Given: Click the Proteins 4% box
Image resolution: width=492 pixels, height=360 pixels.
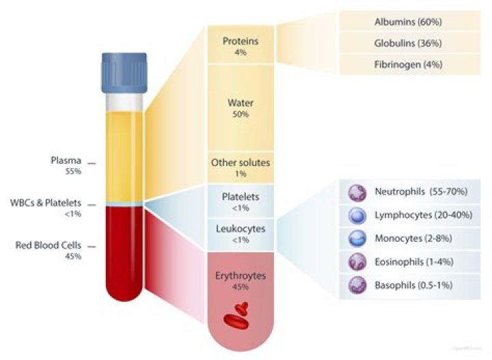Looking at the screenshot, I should pos(240,46).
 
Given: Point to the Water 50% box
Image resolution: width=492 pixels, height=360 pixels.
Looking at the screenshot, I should pos(240,108).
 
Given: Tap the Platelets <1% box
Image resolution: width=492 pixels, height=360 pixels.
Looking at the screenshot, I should pos(240,200).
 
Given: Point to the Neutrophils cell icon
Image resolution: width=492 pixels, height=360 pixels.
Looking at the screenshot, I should pos(357,193).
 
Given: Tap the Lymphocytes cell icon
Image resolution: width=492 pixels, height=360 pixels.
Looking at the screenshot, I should pos(357,216).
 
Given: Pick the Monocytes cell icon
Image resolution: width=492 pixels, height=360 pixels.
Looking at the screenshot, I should pos(357,239).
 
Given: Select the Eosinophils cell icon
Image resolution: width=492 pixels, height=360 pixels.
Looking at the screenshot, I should pos(357,262).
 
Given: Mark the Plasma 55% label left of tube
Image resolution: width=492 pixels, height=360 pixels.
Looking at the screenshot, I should pos(64,167).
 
